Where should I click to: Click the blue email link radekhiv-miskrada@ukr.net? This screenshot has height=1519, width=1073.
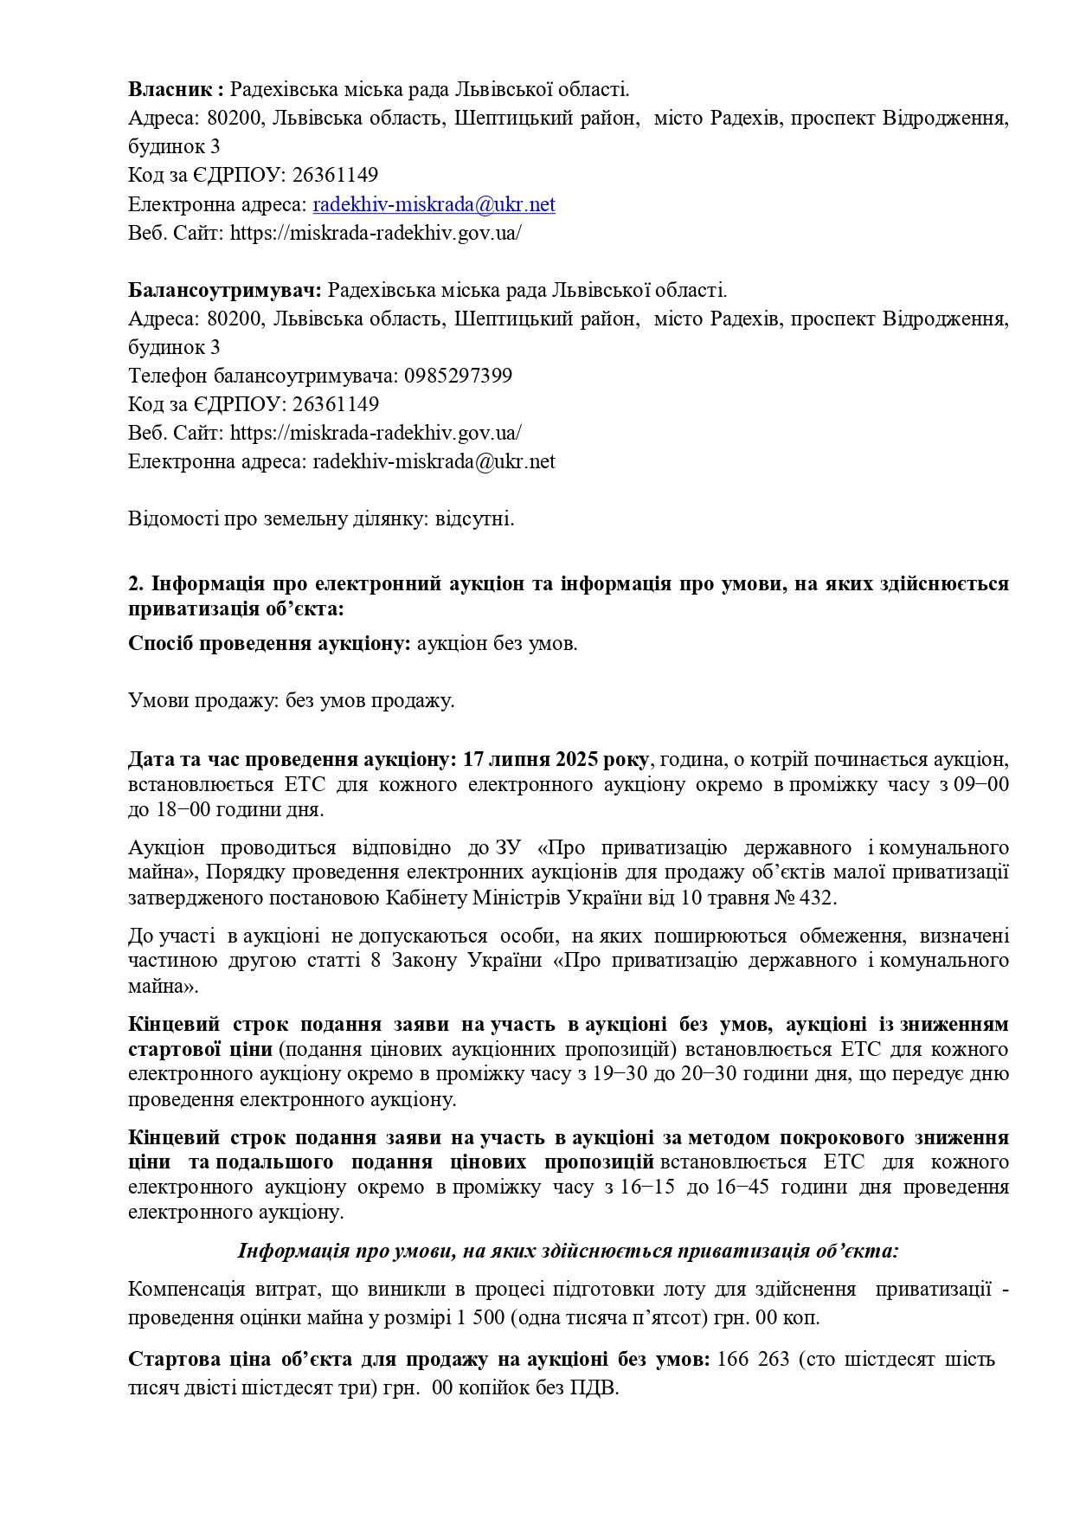click(x=434, y=204)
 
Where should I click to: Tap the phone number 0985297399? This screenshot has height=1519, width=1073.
click(x=458, y=376)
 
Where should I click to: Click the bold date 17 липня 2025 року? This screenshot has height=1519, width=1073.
click(x=556, y=759)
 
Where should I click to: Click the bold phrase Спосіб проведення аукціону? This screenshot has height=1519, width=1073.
click(x=268, y=644)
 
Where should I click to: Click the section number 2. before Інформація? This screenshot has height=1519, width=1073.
click(x=136, y=583)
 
